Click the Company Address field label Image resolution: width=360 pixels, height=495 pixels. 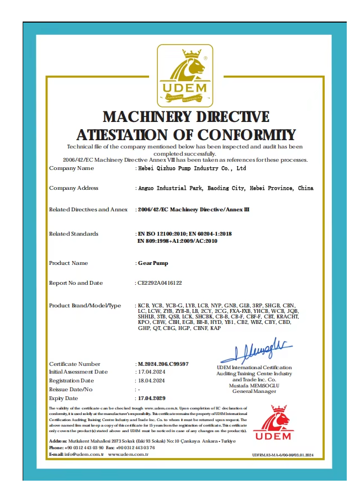(x=73, y=188)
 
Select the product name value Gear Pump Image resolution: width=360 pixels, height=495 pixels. (x=152, y=263)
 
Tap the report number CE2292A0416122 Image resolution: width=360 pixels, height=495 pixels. (x=160, y=283)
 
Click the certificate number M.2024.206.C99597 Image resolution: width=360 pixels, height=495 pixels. (x=163, y=364)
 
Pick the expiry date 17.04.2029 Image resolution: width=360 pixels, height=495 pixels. (x=152, y=398)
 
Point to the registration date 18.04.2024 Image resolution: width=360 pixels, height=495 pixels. (x=151, y=381)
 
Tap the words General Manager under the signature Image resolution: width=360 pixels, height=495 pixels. (x=254, y=391)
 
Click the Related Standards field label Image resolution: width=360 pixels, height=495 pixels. (x=73, y=234)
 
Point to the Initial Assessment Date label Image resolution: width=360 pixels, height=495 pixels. (x=78, y=372)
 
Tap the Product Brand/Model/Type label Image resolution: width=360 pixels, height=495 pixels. (x=84, y=305)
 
